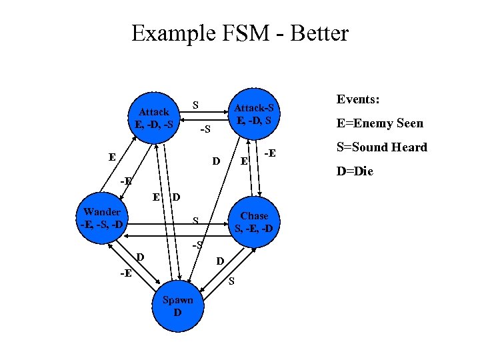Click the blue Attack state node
click(x=154, y=117)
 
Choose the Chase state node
click(x=254, y=222)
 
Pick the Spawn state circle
click(x=177, y=306)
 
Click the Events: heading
click(x=358, y=99)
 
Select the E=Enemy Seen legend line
click(x=379, y=123)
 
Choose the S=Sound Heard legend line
click(x=381, y=147)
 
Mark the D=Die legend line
click(x=355, y=171)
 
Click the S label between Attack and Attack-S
click(x=195, y=105)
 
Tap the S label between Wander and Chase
click(x=195, y=219)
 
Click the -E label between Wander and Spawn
click(x=125, y=273)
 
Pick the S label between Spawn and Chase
click(x=231, y=281)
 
